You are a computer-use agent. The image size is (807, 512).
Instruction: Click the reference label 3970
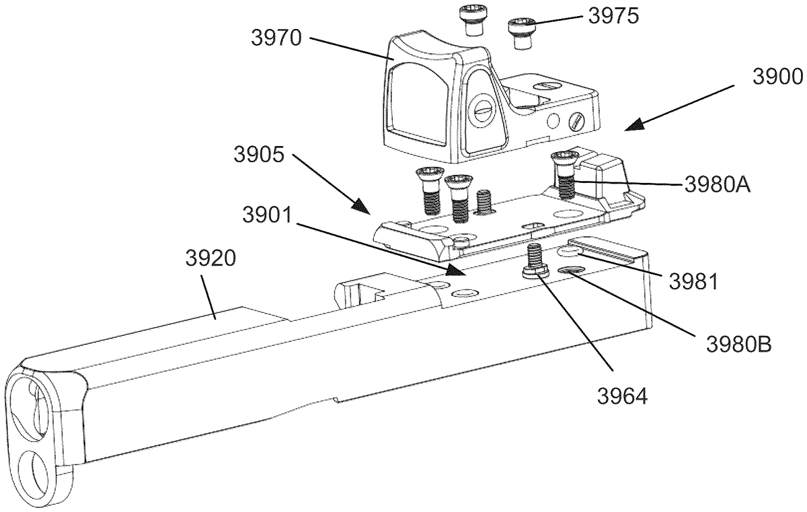(x=276, y=38)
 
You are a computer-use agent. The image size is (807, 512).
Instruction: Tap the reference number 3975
(x=614, y=16)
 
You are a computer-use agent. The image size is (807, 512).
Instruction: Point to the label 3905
(x=259, y=154)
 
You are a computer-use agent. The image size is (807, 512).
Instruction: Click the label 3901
(x=267, y=215)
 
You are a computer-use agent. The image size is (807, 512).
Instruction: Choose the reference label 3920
(x=210, y=259)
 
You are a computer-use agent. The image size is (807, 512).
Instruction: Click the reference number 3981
(x=693, y=281)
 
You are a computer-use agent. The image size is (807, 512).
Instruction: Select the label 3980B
(x=738, y=344)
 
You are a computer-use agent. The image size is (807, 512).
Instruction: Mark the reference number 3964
(x=622, y=396)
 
